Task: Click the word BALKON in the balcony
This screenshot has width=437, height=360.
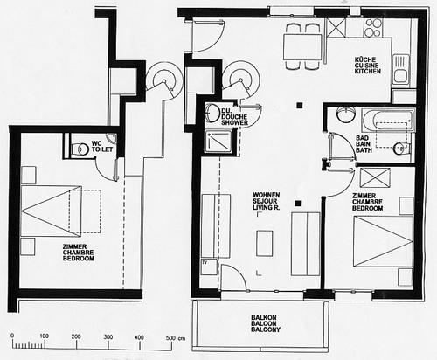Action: (x=264, y=317)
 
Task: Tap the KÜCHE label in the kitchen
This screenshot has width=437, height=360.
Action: (x=365, y=59)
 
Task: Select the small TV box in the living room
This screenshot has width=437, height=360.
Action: (x=210, y=267)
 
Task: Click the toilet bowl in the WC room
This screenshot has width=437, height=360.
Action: (x=80, y=149)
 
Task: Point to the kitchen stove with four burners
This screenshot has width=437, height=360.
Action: (x=373, y=27)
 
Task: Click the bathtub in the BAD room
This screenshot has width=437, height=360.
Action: (x=388, y=120)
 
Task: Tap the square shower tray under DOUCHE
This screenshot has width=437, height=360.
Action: (x=218, y=142)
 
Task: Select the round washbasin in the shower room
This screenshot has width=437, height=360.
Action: (x=212, y=113)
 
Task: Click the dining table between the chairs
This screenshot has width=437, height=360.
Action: (x=303, y=47)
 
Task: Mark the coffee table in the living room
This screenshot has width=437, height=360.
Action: (x=265, y=243)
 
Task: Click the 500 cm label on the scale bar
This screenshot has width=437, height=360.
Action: (x=175, y=338)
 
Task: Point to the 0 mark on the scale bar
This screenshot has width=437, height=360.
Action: (x=12, y=336)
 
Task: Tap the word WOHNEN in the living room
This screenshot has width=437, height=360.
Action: (x=267, y=195)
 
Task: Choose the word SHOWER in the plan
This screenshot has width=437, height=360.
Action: (x=234, y=123)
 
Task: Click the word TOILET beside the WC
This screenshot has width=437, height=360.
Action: (x=102, y=149)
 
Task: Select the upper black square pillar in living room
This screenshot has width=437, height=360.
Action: (x=299, y=106)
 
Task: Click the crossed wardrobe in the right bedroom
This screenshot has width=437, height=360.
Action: (x=375, y=177)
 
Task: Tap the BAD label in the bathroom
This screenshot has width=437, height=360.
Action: (x=362, y=138)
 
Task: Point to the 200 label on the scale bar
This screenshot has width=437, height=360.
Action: (x=76, y=336)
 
